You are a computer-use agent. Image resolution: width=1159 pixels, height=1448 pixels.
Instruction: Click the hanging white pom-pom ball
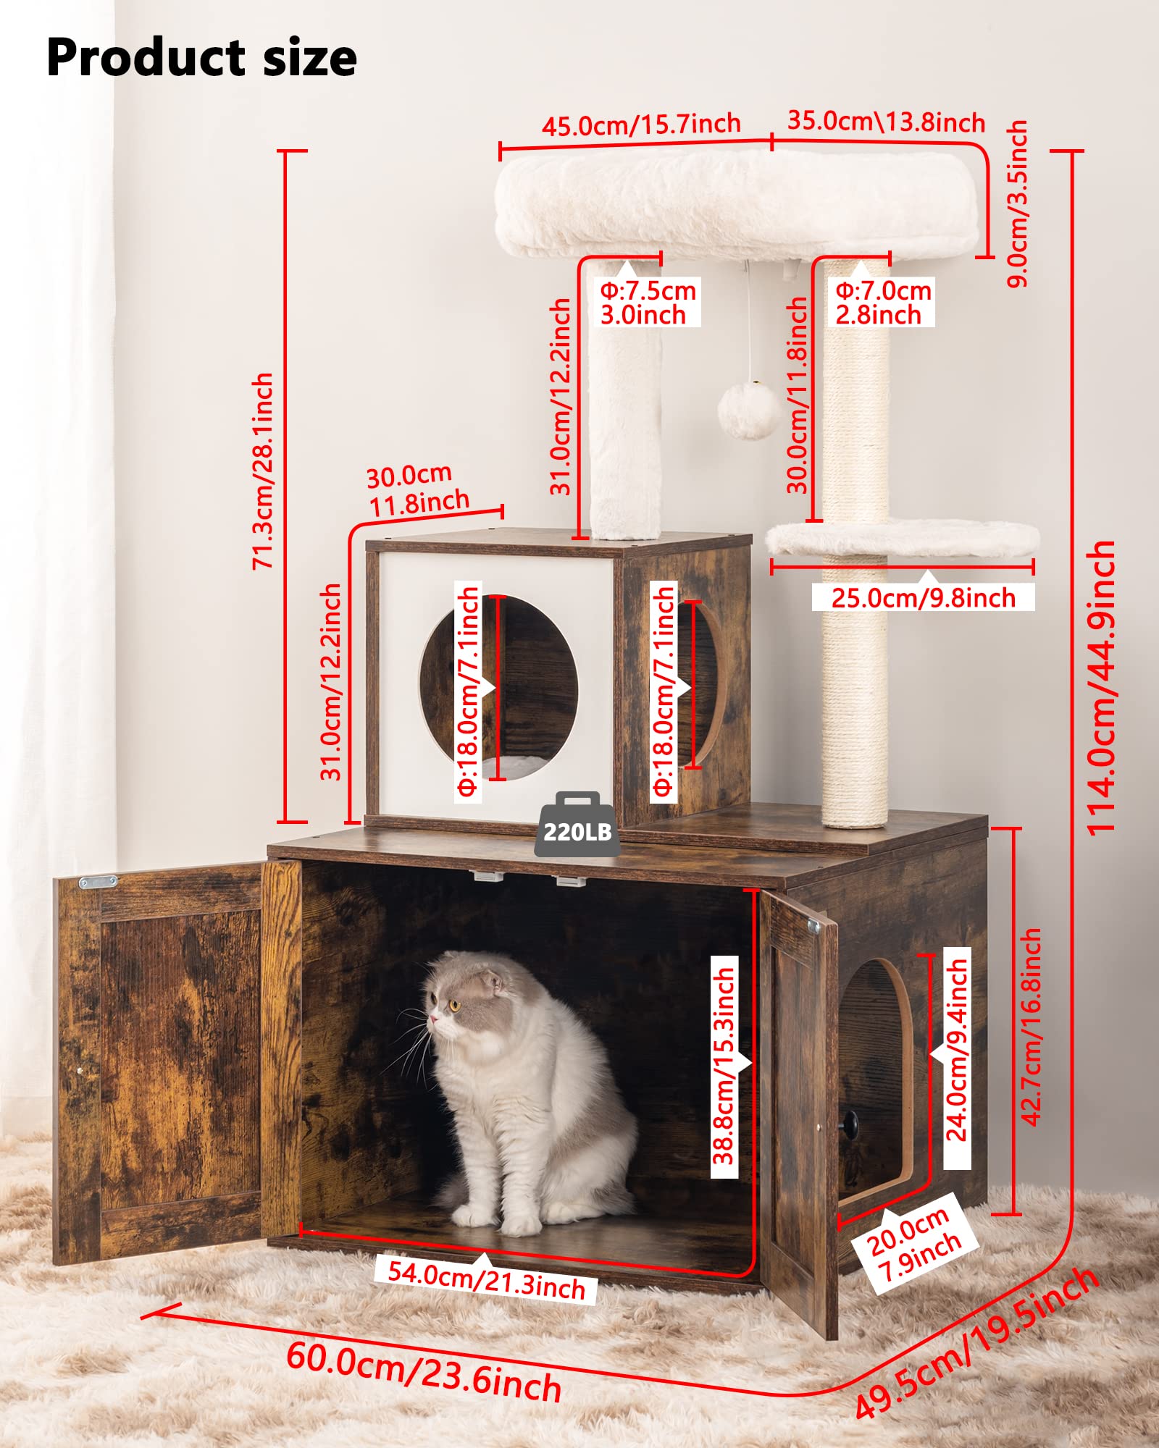click(x=750, y=411)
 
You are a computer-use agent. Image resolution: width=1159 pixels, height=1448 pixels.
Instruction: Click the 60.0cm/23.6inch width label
click(x=424, y=1373)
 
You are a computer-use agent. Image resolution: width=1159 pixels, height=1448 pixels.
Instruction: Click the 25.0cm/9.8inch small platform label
click(x=923, y=598)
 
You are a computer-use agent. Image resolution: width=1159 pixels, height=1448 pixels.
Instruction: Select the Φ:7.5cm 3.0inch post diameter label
click(x=647, y=303)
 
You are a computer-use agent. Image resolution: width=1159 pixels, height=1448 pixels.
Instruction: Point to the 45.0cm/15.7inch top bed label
click(x=641, y=125)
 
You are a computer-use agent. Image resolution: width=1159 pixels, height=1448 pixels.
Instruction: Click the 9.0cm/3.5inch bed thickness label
click(x=1018, y=203)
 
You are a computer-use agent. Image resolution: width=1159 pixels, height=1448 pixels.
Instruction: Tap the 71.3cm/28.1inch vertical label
click(x=263, y=471)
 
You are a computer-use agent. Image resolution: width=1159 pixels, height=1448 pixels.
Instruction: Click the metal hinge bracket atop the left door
click(x=98, y=881)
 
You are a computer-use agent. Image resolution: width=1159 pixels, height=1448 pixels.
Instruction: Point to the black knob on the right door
click(x=848, y=1124)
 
